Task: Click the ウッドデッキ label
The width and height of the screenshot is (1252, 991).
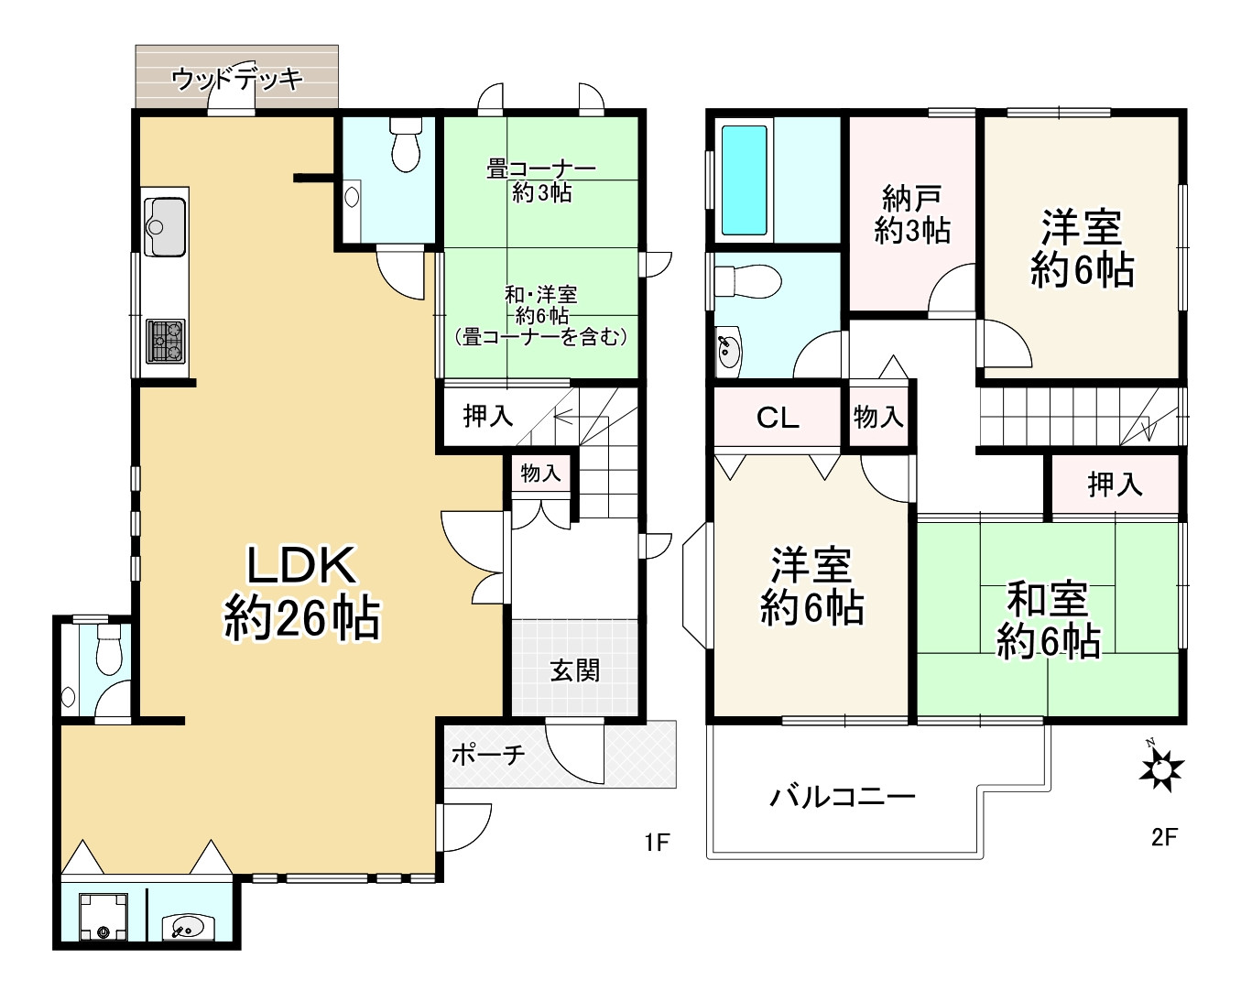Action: tap(236, 79)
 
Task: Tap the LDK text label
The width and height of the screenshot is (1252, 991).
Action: tap(301, 566)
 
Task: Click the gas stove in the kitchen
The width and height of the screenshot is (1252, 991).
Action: tap(166, 341)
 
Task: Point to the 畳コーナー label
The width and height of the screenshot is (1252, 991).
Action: tap(540, 169)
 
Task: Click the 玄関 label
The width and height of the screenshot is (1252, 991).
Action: tap(575, 671)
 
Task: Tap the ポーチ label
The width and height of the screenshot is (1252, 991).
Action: tap(488, 755)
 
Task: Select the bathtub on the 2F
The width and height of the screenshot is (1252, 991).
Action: tap(744, 180)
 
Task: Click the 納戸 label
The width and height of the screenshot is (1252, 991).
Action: tap(912, 198)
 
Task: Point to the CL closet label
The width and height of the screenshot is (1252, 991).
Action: tap(778, 419)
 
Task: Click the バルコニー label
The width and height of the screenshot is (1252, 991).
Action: tap(842, 796)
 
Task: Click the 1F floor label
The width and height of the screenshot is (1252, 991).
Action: tap(658, 841)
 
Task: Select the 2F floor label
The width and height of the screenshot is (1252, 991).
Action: tap(1163, 836)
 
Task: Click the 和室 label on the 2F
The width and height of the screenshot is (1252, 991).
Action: tap(1048, 601)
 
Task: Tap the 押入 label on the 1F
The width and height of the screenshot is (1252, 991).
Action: tap(487, 416)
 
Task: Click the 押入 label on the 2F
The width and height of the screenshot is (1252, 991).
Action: tap(1115, 484)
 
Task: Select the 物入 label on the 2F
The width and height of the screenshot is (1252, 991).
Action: tap(878, 418)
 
